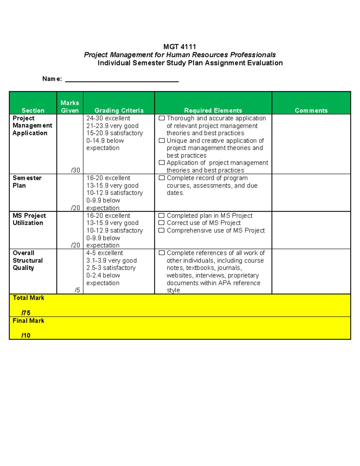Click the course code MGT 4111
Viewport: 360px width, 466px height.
point(179,47)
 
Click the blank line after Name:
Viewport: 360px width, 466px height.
point(122,80)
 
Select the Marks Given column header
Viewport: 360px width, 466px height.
point(70,107)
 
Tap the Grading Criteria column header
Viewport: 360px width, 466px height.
point(119,110)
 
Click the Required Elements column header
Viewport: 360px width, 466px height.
point(213,110)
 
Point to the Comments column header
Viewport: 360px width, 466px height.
point(311,110)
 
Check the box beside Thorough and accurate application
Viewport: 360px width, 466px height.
point(162,118)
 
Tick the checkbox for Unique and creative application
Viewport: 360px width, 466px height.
point(162,140)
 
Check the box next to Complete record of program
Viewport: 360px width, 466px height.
point(162,178)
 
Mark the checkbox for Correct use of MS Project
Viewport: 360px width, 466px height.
point(161,223)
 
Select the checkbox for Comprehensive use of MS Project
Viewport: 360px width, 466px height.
point(161,230)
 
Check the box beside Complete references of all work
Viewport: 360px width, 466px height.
point(162,253)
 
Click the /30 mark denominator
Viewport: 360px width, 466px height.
point(75,170)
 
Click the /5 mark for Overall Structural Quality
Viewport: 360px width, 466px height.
point(77,290)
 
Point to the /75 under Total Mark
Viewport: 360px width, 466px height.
point(26,313)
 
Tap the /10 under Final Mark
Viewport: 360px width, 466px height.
point(26,335)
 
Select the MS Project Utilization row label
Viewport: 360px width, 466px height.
point(29,219)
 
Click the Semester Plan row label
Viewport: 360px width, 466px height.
point(27,182)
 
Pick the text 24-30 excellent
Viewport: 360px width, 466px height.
point(108,118)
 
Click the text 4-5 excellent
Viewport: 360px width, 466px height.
point(104,253)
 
